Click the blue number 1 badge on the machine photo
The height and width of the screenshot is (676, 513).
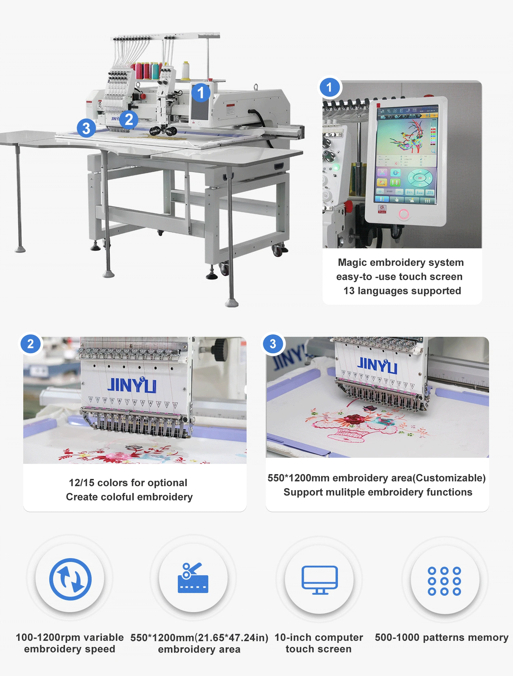pyautogui.click(x=200, y=93)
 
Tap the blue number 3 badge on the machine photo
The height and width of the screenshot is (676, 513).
pyautogui.click(x=86, y=128)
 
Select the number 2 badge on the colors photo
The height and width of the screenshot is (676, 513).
pyautogui.click(x=30, y=344)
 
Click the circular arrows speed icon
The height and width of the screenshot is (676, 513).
pyautogui.click(x=70, y=579)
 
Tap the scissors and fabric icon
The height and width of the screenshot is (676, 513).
pyautogui.click(x=193, y=578)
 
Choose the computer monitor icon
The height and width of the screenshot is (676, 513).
pyautogui.click(x=319, y=580)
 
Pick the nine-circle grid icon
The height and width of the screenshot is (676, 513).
pyautogui.click(x=444, y=581)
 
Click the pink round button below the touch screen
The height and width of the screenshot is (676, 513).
pyautogui.click(x=404, y=214)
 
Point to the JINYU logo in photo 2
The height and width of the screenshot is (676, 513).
pyautogui.click(x=132, y=385)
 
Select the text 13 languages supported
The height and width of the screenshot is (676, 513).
pyautogui.click(x=402, y=291)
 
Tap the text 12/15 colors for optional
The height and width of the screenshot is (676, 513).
pyautogui.click(x=128, y=483)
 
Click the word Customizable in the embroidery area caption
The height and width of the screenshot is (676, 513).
pyautogui.click(x=449, y=478)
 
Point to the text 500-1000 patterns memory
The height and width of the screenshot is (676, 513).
pyautogui.click(x=442, y=637)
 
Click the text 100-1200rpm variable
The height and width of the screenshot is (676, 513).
pyautogui.click(x=70, y=637)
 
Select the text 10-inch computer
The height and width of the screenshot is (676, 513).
pyautogui.click(x=319, y=637)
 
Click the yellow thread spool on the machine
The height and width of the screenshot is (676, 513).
pyautogui.click(x=186, y=70)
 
